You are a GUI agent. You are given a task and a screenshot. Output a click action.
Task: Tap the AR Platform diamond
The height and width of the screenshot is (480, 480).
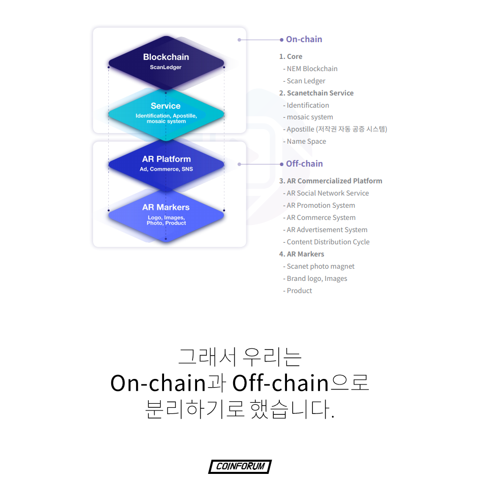[x=166, y=164]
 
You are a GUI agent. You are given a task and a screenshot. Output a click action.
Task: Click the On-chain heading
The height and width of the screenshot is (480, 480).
[x=304, y=39]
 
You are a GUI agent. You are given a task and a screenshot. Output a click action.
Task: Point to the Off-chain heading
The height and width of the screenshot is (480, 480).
[x=304, y=164]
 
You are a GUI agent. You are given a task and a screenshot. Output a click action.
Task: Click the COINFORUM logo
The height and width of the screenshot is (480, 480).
[x=240, y=466]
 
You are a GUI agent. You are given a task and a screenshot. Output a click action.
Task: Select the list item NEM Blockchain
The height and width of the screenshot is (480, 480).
[x=312, y=69]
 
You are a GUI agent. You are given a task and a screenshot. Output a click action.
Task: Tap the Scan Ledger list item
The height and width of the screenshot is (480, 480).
[x=306, y=81]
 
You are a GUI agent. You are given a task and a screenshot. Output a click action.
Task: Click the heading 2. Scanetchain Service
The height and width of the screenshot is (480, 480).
[x=316, y=93]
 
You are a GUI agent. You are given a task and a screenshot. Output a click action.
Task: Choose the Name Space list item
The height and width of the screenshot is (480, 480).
[x=306, y=141]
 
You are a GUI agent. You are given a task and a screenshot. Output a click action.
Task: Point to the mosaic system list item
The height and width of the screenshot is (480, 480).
[x=310, y=117]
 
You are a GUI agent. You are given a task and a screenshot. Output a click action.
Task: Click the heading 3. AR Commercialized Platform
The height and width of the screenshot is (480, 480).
[x=331, y=181]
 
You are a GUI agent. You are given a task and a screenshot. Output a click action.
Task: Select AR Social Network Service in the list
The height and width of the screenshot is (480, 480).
[x=328, y=193]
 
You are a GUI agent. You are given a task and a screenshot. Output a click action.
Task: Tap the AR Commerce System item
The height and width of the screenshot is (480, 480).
[x=321, y=217]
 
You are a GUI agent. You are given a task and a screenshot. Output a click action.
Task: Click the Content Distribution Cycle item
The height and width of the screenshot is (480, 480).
[x=328, y=242]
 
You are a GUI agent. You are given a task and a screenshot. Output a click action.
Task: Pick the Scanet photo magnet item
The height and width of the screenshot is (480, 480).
[x=321, y=266]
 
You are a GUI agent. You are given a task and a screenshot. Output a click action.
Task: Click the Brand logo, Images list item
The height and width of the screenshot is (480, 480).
[x=317, y=278]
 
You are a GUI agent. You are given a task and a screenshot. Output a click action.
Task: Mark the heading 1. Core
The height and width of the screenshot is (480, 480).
[x=291, y=56]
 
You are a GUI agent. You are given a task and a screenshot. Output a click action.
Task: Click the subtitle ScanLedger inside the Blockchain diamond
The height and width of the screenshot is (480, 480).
[x=166, y=67]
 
